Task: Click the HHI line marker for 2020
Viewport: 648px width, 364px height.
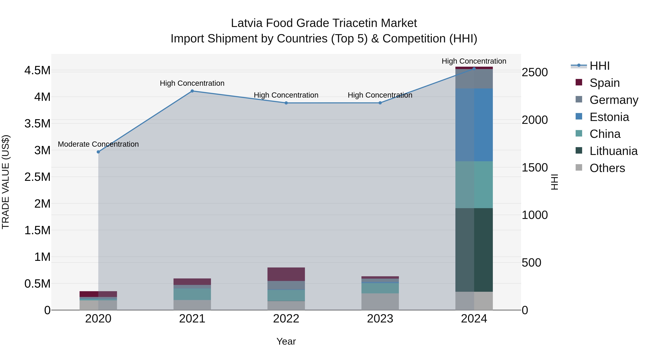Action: coord(98,152)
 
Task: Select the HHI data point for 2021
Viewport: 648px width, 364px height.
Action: coord(192,91)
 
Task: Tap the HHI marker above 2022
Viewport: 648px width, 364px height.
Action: coord(286,103)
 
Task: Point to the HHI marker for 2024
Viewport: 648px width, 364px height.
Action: coord(474,69)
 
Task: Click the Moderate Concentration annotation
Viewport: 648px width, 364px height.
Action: coord(98,144)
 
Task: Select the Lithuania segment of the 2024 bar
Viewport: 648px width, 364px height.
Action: coord(474,250)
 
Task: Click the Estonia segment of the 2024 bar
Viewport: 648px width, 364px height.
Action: coord(474,125)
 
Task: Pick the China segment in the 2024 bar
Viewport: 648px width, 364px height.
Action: coord(474,185)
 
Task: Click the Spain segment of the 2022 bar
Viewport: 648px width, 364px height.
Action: coord(286,274)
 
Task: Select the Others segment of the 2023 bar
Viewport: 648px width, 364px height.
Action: coord(380,301)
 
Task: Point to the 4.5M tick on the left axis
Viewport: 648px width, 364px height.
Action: coord(37,70)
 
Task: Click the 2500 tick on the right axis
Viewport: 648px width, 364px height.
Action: coord(535,72)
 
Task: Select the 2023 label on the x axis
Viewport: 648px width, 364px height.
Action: coord(380,319)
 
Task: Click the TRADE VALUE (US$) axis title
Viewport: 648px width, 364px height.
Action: coord(6,182)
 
